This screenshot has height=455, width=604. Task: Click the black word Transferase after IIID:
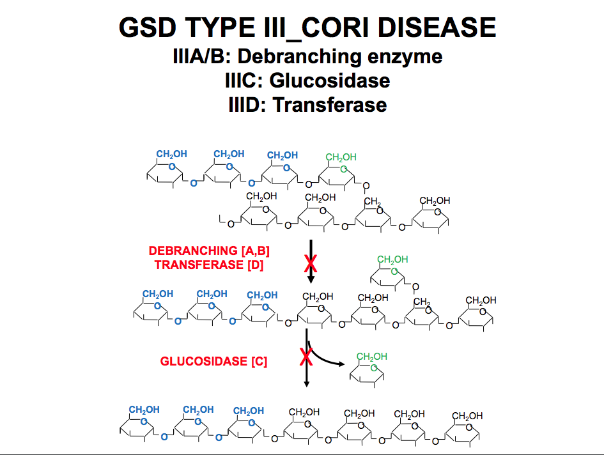point(330,104)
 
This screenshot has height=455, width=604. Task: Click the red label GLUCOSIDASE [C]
point(213,361)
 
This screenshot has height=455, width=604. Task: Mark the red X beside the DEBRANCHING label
point(311,263)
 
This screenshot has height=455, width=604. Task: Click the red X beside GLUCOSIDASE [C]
point(307,357)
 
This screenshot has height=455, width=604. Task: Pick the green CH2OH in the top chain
point(341,157)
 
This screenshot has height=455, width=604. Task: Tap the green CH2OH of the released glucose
point(372,357)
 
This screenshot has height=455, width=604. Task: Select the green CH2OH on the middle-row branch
point(392,259)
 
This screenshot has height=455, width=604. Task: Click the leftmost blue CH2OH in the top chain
point(172,155)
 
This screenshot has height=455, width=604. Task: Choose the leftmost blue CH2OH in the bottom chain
point(144,410)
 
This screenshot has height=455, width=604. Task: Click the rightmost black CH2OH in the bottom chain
point(467,416)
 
